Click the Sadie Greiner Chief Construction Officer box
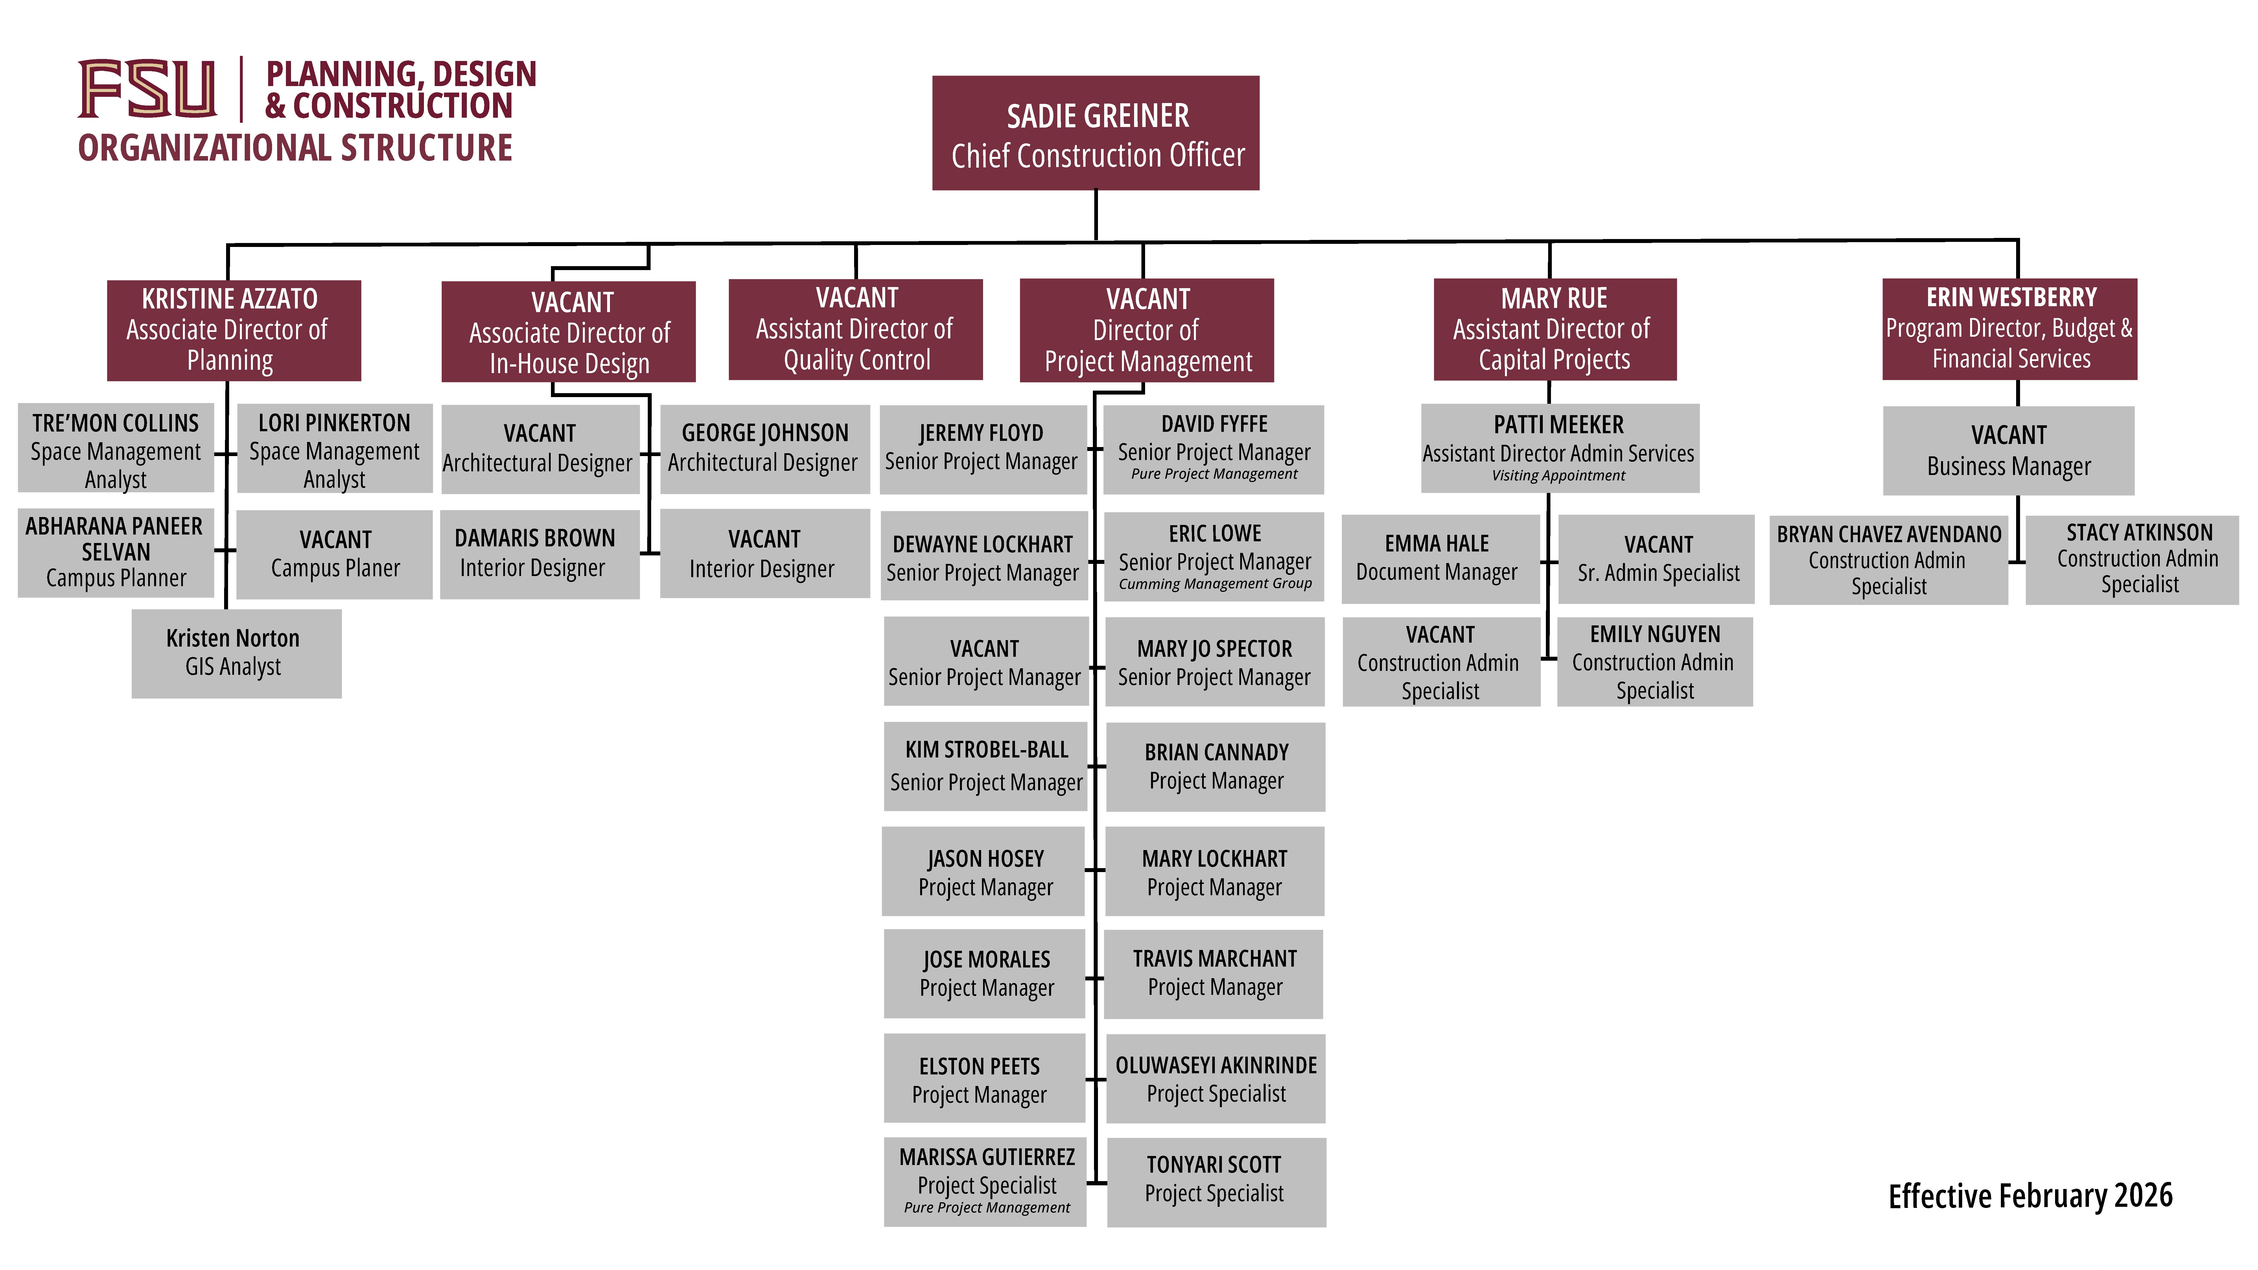[1096, 133]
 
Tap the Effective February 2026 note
[2030, 1195]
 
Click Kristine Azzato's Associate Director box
[233, 330]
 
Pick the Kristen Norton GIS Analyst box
[236, 653]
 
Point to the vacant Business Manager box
[2008, 450]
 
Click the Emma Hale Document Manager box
[1439, 558]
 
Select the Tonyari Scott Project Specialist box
[1216, 1181]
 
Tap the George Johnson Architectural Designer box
[764, 449]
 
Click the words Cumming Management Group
[1215, 584]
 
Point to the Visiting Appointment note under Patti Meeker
[1559, 476]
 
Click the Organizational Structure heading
[296, 148]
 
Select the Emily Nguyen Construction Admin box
[1654, 662]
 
